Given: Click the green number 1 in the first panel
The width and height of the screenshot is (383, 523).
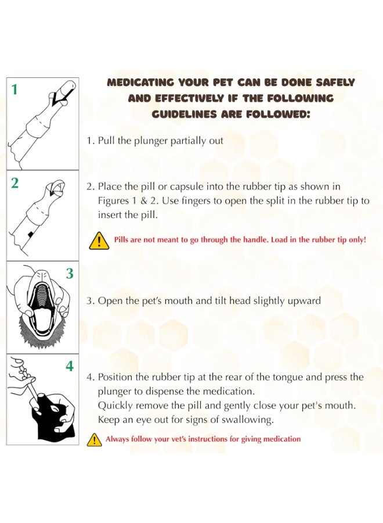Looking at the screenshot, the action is [x=15, y=89].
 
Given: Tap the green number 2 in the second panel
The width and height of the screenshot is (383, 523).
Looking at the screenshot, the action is [x=15, y=183].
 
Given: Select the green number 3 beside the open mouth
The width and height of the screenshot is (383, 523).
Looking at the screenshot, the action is [x=69, y=274].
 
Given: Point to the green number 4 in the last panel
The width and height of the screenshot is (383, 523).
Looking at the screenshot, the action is [x=69, y=366].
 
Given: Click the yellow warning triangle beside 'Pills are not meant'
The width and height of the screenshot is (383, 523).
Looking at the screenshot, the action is [x=99, y=241].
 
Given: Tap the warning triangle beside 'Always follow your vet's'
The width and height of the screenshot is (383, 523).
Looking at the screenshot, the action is [x=94, y=440].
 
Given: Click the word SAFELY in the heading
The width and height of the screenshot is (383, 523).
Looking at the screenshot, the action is [x=335, y=83].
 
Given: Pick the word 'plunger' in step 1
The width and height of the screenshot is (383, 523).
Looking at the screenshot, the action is [x=151, y=141].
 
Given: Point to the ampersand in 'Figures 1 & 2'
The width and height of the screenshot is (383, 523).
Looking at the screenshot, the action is [x=144, y=201].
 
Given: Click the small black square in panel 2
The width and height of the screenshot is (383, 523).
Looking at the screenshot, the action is [x=31, y=235].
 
